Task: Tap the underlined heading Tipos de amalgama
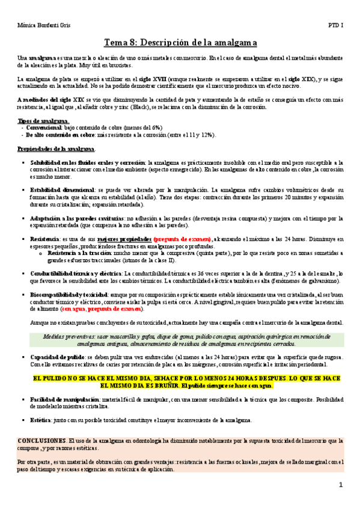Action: click(x=39, y=121)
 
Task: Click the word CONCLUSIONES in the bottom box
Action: click(x=41, y=441)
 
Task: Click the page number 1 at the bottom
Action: click(x=340, y=485)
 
